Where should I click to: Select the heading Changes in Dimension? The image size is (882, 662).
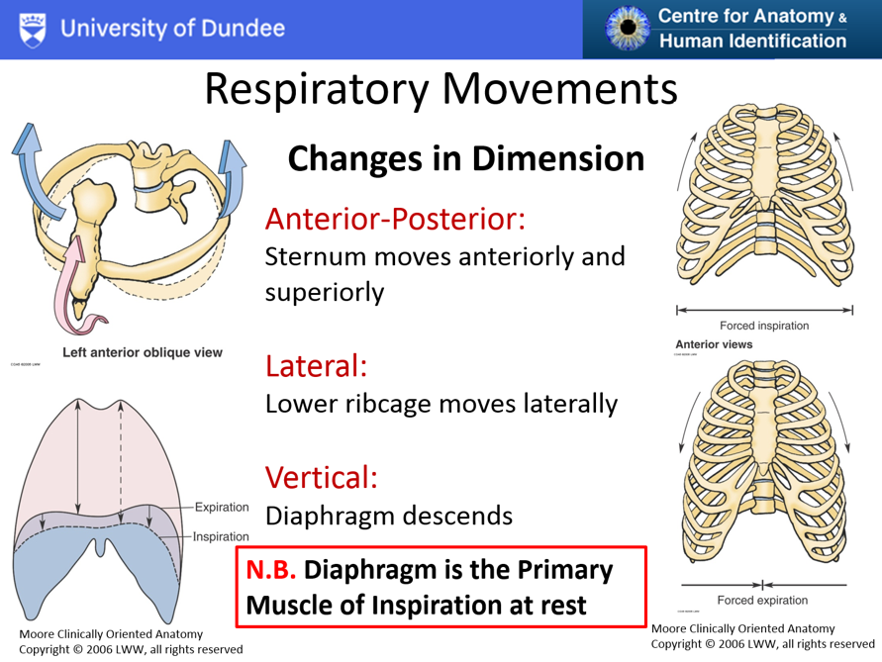click(466, 157)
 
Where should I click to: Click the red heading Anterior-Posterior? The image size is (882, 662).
click(393, 219)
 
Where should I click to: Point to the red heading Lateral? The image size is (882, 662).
click(317, 367)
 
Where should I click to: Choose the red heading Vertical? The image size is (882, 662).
click(321, 478)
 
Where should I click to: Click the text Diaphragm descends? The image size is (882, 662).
click(389, 516)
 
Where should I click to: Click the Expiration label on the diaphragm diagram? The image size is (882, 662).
click(221, 508)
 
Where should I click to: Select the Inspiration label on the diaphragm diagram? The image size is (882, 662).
click(220, 536)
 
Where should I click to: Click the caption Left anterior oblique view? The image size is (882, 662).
click(143, 352)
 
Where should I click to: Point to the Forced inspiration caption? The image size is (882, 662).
click(763, 326)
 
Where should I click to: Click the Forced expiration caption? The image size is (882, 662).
click(763, 600)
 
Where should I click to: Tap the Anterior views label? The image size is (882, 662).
click(713, 344)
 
